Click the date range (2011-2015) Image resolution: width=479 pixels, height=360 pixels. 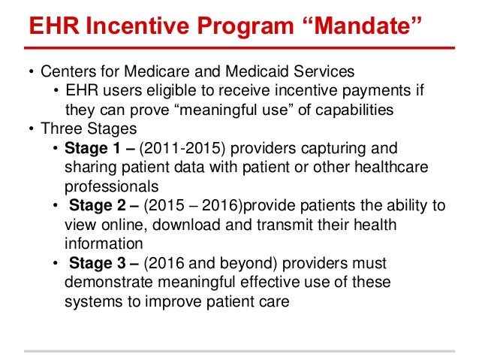pos(179,147)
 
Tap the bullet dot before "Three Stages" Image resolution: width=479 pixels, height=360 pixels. pos(32,129)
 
